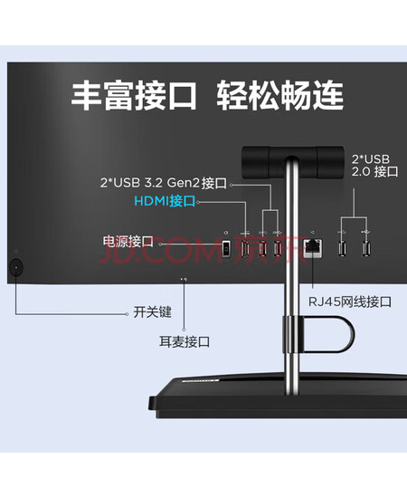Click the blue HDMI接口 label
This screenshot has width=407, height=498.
[x=165, y=201]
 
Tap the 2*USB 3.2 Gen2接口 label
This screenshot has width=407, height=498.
[x=164, y=183]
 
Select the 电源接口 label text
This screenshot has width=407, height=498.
[x=128, y=242]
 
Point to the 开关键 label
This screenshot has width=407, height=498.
[x=152, y=311]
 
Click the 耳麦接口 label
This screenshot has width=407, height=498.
[x=185, y=341]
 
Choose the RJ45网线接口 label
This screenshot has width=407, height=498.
[x=350, y=302]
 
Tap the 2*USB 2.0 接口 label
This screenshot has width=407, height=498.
[x=375, y=166]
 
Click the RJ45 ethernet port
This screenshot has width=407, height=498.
[x=313, y=248]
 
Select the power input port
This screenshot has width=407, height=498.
[x=225, y=248]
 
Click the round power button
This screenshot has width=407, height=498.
[x=16, y=267]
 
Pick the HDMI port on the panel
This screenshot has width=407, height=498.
[x=244, y=248]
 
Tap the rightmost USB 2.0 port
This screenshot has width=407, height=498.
[x=366, y=248]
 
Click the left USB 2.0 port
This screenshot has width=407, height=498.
[x=342, y=248]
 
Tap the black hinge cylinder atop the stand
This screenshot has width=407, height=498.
[x=293, y=162]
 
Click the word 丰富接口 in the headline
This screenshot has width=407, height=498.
[x=134, y=96]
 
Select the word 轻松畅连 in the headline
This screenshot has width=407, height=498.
[x=279, y=96]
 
